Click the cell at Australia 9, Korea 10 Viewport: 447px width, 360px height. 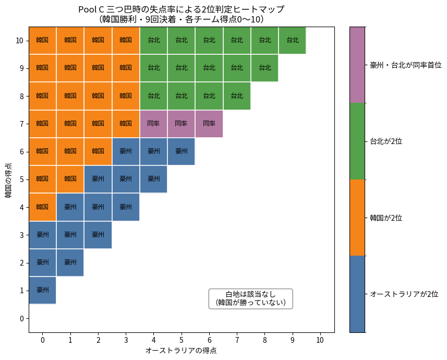(292, 40)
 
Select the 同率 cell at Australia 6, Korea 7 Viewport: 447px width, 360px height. (209, 124)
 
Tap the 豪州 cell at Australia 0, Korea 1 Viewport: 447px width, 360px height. (42, 290)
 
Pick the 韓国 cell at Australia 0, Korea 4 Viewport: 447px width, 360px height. (42, 207)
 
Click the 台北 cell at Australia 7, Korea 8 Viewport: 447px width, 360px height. (237, 95)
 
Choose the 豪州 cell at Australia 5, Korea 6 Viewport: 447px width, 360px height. (181, 151)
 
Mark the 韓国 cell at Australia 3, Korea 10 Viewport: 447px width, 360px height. (126, 40)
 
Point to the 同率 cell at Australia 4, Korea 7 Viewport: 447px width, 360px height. (153, 124)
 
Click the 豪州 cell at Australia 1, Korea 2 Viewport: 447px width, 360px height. (70, 262)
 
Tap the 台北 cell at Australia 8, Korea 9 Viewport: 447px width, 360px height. (264, 68)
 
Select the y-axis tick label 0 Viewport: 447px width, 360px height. (20, 318)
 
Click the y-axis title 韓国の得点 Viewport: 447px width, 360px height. (8, 180)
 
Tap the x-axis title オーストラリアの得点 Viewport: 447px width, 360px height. (181, 351)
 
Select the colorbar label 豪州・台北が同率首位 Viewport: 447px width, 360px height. (405, 65)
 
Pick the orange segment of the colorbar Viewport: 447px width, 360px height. (357, 218)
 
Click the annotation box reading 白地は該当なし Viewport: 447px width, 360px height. (250, 298)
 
